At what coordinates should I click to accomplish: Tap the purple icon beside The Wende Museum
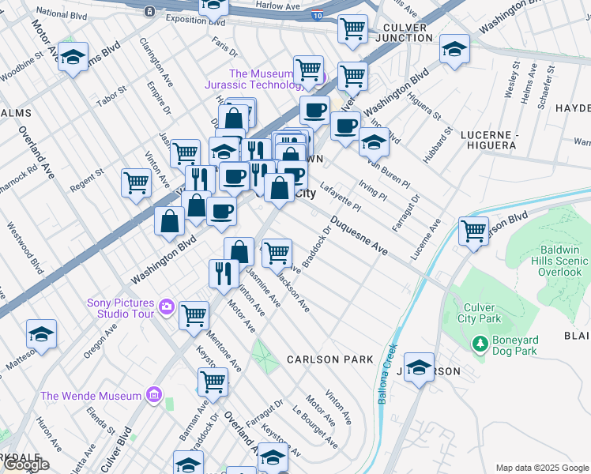coord(153,395)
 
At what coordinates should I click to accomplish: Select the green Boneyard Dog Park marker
coord(479,344)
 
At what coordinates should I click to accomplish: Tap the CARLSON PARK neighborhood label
coord(329,359)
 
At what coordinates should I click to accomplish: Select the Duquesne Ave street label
coord(359,236)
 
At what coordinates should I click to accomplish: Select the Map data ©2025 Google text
coord(542,468)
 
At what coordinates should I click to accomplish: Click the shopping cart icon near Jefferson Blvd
coord(473,231)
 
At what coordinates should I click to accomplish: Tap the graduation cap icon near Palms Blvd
coord(73,58)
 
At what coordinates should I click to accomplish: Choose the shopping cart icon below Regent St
coord(137,182)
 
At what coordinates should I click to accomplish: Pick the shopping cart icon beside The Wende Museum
coord(213,381)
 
